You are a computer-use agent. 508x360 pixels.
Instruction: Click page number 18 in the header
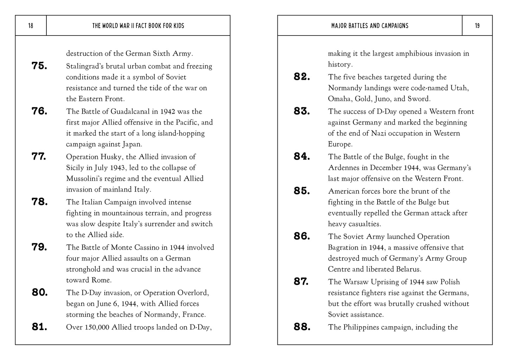(31, 26)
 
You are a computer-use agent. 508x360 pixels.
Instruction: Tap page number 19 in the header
(477, 26)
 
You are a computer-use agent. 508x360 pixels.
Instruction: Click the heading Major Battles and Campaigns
(369, 26)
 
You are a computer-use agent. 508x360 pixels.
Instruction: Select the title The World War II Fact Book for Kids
(138, 26)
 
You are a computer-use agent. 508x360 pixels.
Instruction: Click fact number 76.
(39, 111)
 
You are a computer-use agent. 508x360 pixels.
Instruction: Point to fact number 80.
(39, 292)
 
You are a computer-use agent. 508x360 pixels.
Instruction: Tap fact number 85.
(302, 191)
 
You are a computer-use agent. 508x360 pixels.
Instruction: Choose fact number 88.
(302, 327)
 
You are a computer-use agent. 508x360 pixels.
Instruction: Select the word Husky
(108, 157)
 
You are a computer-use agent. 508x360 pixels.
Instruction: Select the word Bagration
(345, 247)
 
